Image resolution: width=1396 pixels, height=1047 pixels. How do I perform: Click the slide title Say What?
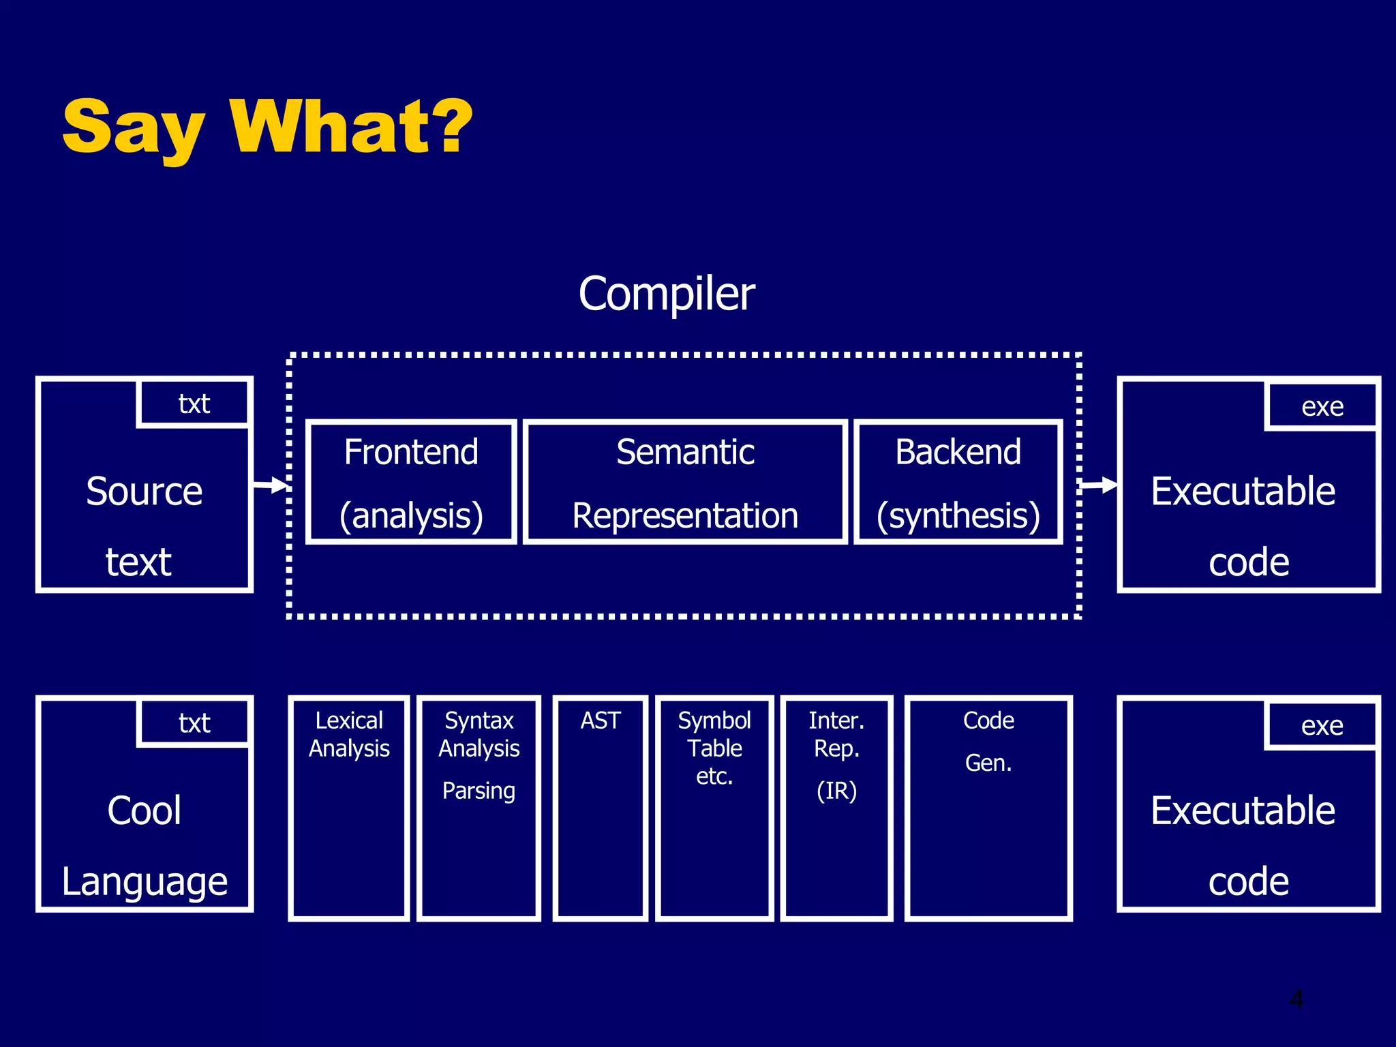coord(267,127)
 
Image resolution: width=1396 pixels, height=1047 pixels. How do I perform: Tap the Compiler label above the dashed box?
coord(667,294)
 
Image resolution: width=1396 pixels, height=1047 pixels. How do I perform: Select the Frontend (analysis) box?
coord(411,482)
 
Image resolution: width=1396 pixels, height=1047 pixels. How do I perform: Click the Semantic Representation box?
coord(685,482)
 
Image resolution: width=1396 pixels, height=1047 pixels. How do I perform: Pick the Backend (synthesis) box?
coord(958,482)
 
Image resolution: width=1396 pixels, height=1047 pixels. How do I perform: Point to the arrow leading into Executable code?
coord(1099,485)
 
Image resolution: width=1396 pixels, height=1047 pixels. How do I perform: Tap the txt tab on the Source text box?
coord(194,404)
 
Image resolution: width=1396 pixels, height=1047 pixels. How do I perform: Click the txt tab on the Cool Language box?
coord(194,723)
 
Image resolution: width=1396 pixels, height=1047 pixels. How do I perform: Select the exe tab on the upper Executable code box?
coord(1322,407)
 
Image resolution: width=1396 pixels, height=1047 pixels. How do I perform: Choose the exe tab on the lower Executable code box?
coord(1322,726)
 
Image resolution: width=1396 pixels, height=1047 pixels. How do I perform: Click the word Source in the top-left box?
coord(145,491)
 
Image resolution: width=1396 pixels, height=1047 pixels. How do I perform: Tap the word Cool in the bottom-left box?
coord(145,810)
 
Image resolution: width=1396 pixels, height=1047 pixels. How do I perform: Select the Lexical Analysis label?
coord(349,734)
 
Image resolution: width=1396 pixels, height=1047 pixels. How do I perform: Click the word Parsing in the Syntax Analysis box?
coord(479,791)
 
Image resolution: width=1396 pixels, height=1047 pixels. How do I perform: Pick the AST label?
coord(600,720)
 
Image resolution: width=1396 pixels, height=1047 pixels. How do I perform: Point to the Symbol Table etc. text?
coord(714,748)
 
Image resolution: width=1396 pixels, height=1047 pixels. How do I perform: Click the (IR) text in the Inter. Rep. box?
coord(836,791)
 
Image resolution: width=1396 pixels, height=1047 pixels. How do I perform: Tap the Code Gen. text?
coord(988,741)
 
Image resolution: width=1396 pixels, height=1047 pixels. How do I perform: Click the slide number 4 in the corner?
coord(1296,999)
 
